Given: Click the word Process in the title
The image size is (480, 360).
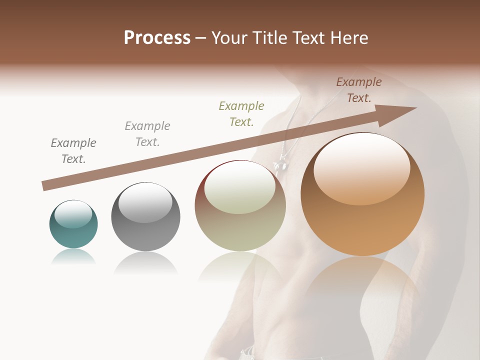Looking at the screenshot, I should [157, 38].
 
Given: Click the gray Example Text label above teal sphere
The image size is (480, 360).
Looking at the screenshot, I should [73, 151].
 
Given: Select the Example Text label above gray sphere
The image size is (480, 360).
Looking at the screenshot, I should [147, 134].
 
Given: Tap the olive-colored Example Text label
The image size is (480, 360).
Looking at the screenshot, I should [241, 113].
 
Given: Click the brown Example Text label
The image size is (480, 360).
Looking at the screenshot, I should [359, 90].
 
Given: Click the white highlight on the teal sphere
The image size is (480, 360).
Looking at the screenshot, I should [73, 214].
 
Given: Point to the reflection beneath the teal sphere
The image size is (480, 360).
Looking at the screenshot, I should [73, 257].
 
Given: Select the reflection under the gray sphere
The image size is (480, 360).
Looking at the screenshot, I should [145, 262].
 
